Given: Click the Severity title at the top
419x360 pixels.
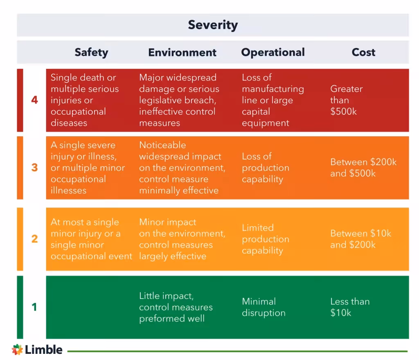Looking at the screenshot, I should pos(213,25).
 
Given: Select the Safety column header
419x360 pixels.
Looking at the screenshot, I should pos(91,52).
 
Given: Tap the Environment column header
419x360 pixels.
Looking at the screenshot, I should pos(182,52).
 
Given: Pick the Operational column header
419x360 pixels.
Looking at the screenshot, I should pos(273,52).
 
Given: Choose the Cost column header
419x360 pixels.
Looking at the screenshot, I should pos(363,52).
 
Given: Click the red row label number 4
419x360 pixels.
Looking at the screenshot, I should pos(34,100).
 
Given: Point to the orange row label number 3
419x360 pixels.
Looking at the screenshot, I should pos(34,168).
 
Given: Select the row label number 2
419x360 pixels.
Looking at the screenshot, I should pos(34,239).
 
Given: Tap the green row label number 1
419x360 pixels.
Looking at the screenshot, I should pos(34,307).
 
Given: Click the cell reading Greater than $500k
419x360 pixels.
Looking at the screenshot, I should pos(346,100).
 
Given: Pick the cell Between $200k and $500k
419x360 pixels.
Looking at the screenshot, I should pos(363,168).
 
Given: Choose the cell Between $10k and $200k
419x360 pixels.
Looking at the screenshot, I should pos(360,239).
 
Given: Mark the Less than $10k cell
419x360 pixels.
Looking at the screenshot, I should pos(350,307).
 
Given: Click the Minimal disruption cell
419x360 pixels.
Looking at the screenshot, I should pos(264,307).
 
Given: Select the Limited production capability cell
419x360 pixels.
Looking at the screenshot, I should pos(265,239).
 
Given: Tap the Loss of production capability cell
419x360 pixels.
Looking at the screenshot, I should pos(265,168).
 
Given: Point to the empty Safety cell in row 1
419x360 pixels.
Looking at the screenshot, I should pos(91,307).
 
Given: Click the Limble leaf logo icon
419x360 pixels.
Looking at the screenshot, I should pos(17,350).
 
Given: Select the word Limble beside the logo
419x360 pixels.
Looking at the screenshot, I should pos(43,350).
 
